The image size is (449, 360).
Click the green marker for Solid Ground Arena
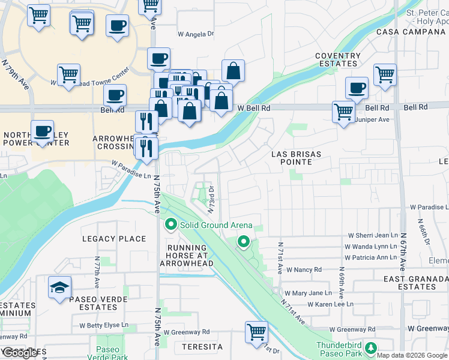coord(171,226)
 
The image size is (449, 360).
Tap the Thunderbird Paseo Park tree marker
coord(371,348)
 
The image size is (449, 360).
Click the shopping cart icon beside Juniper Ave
coord(343,112)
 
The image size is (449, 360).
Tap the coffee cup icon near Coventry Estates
coord(357,88)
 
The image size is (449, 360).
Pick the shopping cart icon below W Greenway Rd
coord(256,331)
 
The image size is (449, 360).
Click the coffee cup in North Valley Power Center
coord(41,131)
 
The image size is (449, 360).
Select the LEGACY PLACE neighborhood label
coord(114,239)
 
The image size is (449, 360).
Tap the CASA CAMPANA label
coord(412,31)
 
